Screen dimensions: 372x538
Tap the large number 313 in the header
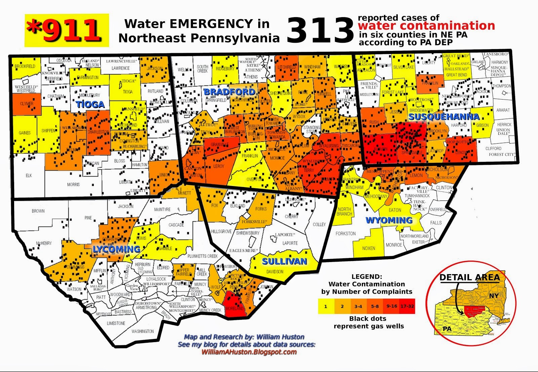320,31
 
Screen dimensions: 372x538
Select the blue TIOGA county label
90,105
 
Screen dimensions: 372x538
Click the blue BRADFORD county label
229,92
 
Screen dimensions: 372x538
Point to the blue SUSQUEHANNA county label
444,117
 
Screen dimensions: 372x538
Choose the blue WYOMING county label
389,220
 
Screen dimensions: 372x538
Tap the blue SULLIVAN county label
284,261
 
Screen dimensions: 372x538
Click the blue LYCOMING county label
116,249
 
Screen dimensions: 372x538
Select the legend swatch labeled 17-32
407,306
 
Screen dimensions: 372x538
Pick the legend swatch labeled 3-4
358,306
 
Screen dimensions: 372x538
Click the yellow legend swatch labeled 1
326,306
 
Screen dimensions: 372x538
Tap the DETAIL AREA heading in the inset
469,277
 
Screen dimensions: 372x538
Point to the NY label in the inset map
494,296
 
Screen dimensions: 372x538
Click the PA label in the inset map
447,328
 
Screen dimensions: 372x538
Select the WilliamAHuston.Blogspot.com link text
249,352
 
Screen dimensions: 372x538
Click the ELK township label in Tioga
29,176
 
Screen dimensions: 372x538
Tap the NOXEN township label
369,248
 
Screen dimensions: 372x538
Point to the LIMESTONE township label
116,323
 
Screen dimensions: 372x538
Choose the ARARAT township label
503,110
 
